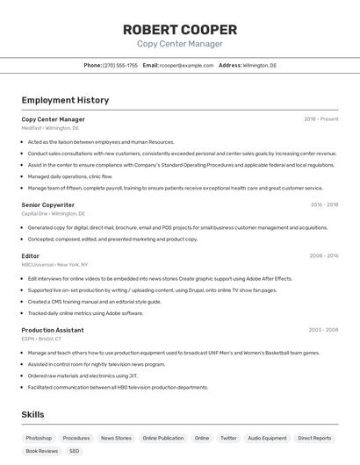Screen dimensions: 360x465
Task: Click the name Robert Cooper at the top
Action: click(180, 29)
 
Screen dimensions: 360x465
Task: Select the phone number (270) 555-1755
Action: click(120, 65)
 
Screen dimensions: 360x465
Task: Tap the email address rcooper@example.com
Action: click(186, 65)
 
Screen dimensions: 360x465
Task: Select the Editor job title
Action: click(31, 256)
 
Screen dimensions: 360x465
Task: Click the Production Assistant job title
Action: click(53, 330)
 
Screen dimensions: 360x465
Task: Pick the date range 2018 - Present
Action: click(320, 119)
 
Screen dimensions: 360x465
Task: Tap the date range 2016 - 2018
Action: click(324, 204)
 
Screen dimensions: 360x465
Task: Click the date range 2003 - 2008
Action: click(323, 330)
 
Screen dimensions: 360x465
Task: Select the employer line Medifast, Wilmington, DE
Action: click(50, 128)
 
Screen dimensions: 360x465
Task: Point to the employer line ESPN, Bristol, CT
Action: click(41, 339)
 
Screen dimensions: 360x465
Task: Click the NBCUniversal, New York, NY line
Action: click(55, 264)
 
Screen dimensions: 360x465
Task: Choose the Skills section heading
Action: click(32, 414)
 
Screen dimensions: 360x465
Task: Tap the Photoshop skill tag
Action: click(39, 438)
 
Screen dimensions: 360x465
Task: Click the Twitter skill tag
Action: click(228, 438)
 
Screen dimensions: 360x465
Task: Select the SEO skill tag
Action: click(74, 451)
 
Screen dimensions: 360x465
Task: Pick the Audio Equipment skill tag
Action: click(267, 438)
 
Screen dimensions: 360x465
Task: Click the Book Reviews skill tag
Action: click(41, 451)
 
